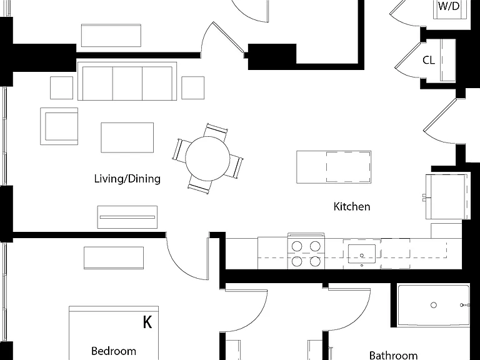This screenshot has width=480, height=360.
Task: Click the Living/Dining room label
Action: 127,179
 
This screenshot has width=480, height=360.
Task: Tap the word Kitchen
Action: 352,207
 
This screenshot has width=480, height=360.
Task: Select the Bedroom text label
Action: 114,351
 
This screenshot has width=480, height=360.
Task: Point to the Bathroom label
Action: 393,356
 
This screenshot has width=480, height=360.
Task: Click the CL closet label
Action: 429,60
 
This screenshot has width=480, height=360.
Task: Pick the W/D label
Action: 449,6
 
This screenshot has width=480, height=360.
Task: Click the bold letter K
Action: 147,322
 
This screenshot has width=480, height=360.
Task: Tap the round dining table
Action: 207,158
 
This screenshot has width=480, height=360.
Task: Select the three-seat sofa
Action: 127,81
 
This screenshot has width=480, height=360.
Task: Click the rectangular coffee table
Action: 127,137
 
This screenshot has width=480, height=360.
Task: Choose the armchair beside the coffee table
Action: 59,126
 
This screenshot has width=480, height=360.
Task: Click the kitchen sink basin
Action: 361,254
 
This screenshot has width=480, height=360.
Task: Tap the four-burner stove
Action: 306,251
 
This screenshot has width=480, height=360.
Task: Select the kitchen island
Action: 334,167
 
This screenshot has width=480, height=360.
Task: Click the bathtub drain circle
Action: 434,305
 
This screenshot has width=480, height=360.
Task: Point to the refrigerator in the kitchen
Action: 447,196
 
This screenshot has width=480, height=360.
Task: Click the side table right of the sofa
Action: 193,88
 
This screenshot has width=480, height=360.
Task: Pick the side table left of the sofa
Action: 61,88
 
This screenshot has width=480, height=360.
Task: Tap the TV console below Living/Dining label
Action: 127,217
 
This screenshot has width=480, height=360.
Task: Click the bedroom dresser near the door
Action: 114,258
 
